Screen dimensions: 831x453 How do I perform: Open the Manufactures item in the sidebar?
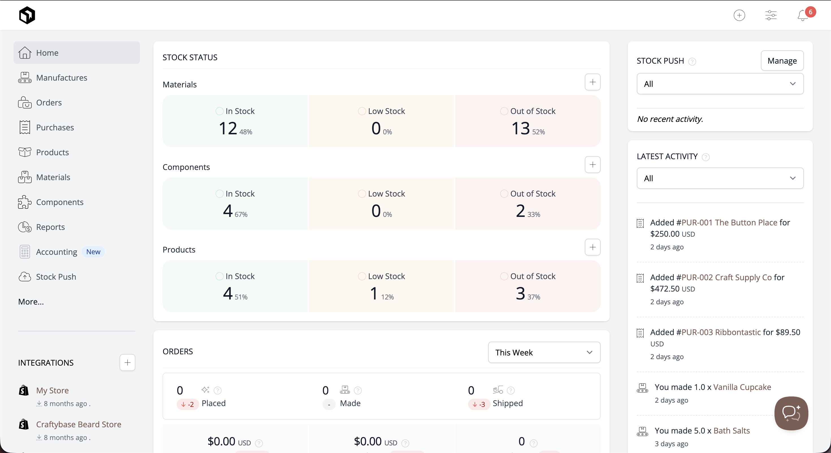tap(61, 78)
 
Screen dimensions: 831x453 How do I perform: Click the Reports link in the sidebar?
tap(50, 227)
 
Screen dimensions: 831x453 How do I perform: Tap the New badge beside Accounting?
tap(93, 252)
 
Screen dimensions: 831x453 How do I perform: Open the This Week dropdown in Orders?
tap(544, 352)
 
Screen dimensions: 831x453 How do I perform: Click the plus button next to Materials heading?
tap(592, 82)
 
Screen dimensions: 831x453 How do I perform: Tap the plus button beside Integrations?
tap(127, 363)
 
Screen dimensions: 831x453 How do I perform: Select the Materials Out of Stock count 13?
tap(520, 128)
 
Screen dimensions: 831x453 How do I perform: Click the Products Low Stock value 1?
tap(374, 294)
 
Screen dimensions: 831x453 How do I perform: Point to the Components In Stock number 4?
tap(228, 211)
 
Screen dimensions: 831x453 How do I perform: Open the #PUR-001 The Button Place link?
tap(726, 223)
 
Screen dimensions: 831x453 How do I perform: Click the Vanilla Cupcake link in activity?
tap(742, 387)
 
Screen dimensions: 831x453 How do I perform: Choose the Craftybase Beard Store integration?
tap(78, 424)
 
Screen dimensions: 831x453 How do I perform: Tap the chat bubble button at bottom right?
tap(791, 413)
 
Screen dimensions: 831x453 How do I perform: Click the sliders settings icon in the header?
tap(771, 15)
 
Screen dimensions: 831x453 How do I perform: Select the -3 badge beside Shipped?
tap(479, 404)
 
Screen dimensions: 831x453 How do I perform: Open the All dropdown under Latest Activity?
tap(720, 178)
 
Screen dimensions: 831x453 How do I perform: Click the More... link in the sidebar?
tap(31, 302)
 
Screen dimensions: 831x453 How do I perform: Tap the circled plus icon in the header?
tap(739, 15)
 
